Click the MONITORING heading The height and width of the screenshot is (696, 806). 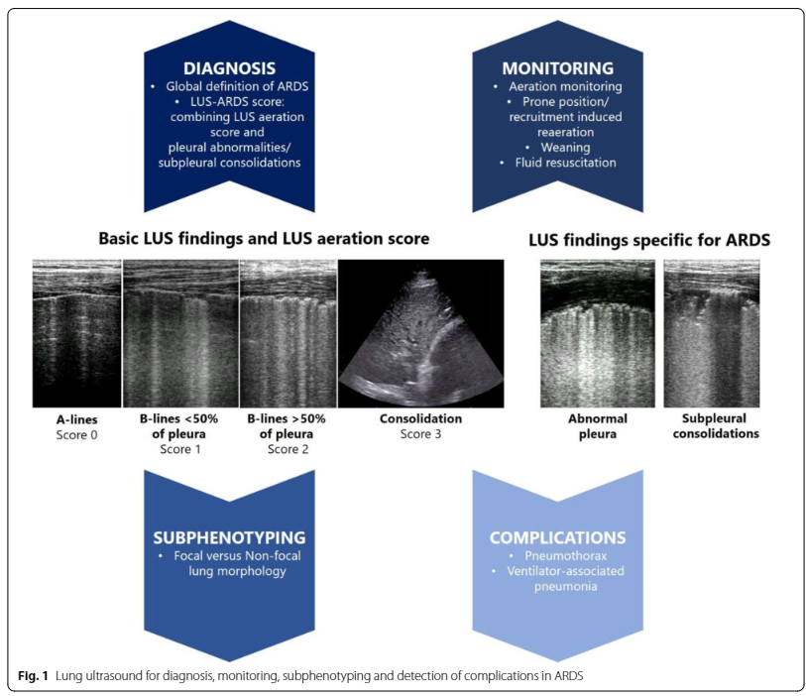[557, 68]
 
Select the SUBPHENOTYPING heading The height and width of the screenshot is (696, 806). [229, 537]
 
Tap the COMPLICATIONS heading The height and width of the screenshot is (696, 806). [557, 537]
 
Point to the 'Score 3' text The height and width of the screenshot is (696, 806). [420, 434]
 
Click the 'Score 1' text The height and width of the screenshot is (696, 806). [179, 449]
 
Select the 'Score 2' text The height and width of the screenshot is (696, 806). [288, 449]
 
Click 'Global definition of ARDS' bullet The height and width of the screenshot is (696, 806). [234, 87]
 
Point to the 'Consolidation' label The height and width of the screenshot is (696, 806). [420, 419]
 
